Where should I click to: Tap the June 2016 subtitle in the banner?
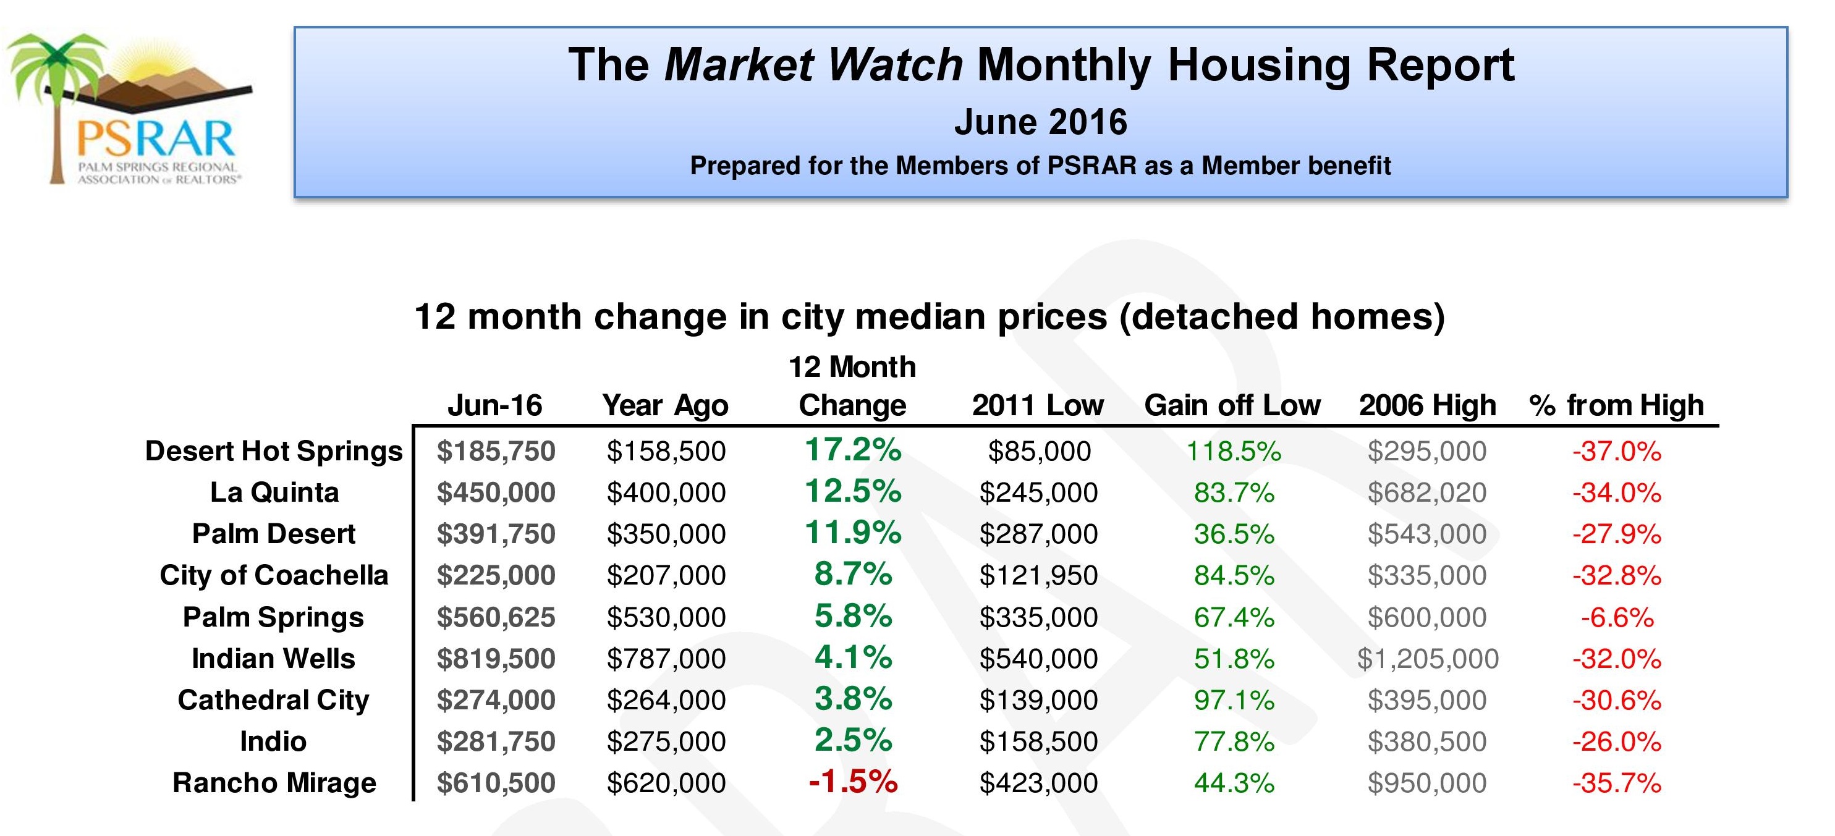[x=1040, y=122]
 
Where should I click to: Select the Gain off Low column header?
[x=1232, y=405]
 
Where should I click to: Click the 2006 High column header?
[x=1427, y=405]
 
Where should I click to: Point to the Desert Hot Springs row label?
[x=274, y=451]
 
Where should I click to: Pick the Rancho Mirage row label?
[x=274, y=783]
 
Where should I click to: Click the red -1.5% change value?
[x=853, y=782]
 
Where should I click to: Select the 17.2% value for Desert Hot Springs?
[x=853, y=450]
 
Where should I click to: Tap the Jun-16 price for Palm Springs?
[x=496, y=617]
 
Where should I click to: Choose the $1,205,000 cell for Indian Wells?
[x=1427, y=659]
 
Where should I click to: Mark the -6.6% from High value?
[x=1617, y=617]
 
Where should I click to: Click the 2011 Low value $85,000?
[x=1038, y=452]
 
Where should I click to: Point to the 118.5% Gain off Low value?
[x=1233, y=452]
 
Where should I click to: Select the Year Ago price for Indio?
[x=666, y=742]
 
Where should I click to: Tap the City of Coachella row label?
[x=274, y=575]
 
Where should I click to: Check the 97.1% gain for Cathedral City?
[x=1233, y=701]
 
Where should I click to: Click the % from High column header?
[x=1616, y=405]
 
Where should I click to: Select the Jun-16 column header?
[x=495, y=405]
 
